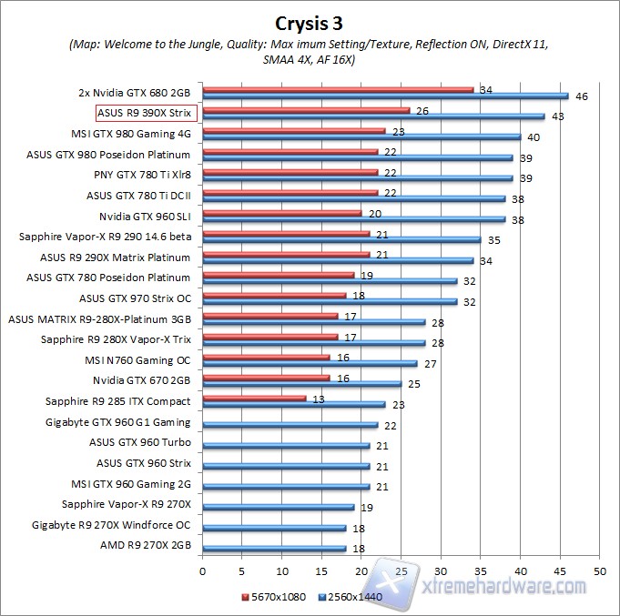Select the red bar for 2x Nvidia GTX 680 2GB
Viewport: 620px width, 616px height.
(338, 89)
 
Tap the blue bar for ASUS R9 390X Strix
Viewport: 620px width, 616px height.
(373, 116)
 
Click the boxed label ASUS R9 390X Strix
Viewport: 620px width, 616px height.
(147, 113)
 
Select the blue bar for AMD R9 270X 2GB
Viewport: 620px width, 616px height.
(274, 549)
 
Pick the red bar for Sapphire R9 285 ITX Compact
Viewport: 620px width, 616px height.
(254, 398)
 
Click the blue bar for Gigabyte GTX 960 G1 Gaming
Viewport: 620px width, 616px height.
(290, 424)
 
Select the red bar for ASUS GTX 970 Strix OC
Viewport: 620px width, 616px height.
(274, 295)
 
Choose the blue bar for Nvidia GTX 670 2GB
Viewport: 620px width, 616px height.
(301, 383)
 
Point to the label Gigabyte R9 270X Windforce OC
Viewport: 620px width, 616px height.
(111, 525)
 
